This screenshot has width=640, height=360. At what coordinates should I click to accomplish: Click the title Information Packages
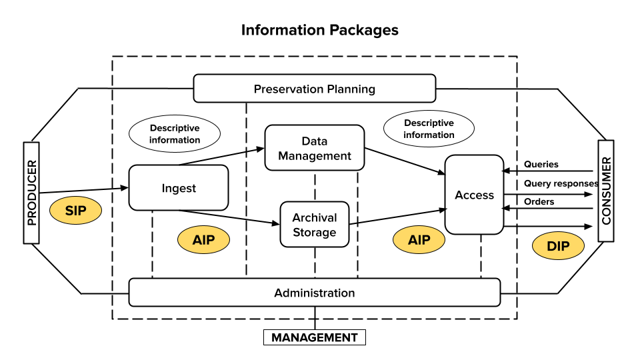[319, 30]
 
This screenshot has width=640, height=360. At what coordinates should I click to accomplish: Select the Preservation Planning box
[314, 89]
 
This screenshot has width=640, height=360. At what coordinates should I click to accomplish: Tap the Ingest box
[179, 188]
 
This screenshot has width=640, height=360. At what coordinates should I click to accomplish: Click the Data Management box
[315, 148]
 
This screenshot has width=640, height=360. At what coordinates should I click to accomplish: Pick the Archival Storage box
[314, 225]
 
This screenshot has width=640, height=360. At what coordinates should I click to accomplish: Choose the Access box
[474, 195]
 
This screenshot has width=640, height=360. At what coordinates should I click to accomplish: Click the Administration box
[314, 293]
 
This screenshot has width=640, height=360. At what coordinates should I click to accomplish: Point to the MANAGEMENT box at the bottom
[314, 337]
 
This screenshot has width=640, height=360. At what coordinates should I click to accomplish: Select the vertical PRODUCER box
[31, 193]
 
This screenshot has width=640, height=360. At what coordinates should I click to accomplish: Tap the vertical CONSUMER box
[605, 191]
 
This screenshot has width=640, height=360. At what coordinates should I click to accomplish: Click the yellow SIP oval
[75, 211]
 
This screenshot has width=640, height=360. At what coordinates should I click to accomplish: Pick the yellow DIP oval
[558, 246]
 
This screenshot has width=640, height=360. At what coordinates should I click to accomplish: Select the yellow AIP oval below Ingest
[203, 239]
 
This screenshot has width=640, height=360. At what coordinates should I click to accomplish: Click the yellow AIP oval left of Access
[419, 239]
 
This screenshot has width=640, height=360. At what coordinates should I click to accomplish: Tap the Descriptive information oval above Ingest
[175, 134]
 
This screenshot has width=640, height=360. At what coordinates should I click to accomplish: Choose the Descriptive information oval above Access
[429, 129]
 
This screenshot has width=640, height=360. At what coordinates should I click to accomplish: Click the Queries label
[541, 164]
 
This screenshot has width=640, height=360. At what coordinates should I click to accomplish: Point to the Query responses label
[561, 183]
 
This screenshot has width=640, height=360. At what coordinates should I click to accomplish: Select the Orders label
[539, 201]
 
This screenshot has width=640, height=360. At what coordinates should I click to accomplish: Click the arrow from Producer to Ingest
[83, 191]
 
